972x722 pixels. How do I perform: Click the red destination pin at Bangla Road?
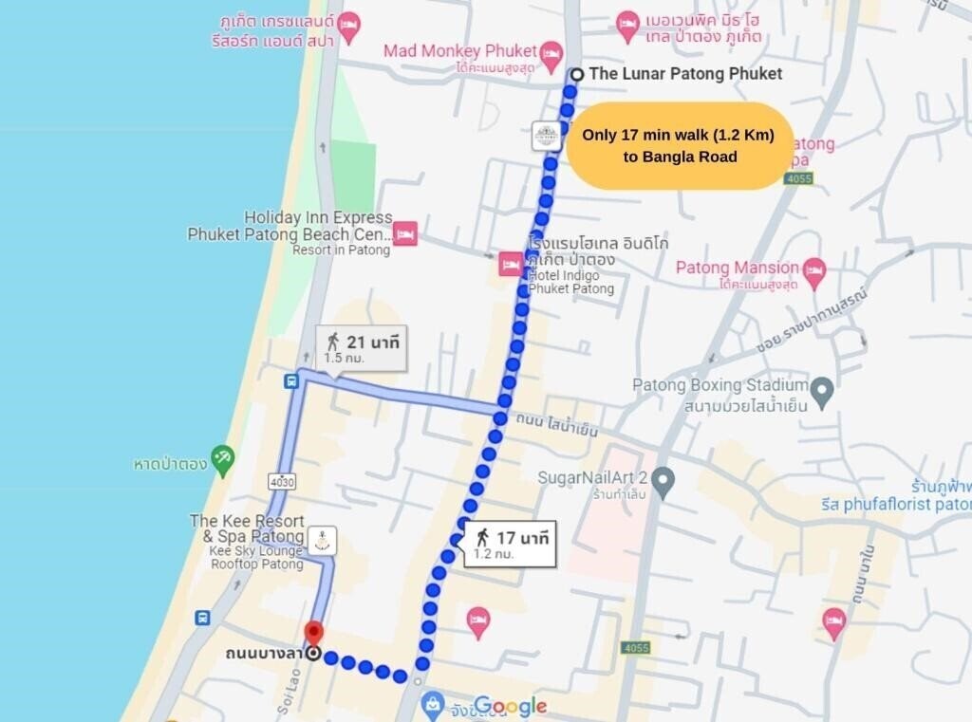(x=312, y=633)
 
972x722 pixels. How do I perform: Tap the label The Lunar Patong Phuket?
(x=685, y=73)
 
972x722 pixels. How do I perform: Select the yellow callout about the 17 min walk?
(x=679, y=146)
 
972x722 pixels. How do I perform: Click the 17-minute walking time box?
(x=510, y=544)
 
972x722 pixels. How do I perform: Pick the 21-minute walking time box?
(x=360, y=348)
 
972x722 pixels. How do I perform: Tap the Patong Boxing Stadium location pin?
(x=822, y=388)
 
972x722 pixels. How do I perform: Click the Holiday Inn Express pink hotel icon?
(x=405, y=232)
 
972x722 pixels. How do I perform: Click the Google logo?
(x=511, y=706)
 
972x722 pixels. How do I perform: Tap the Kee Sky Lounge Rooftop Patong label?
(x=255, y=565)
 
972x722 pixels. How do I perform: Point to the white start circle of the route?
(x=576, y=74)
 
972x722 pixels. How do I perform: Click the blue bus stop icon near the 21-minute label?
(x=290, y=381)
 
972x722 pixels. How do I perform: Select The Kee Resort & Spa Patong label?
(x=247, y=528)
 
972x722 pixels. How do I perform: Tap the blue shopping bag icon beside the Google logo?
(x=433, y=704)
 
